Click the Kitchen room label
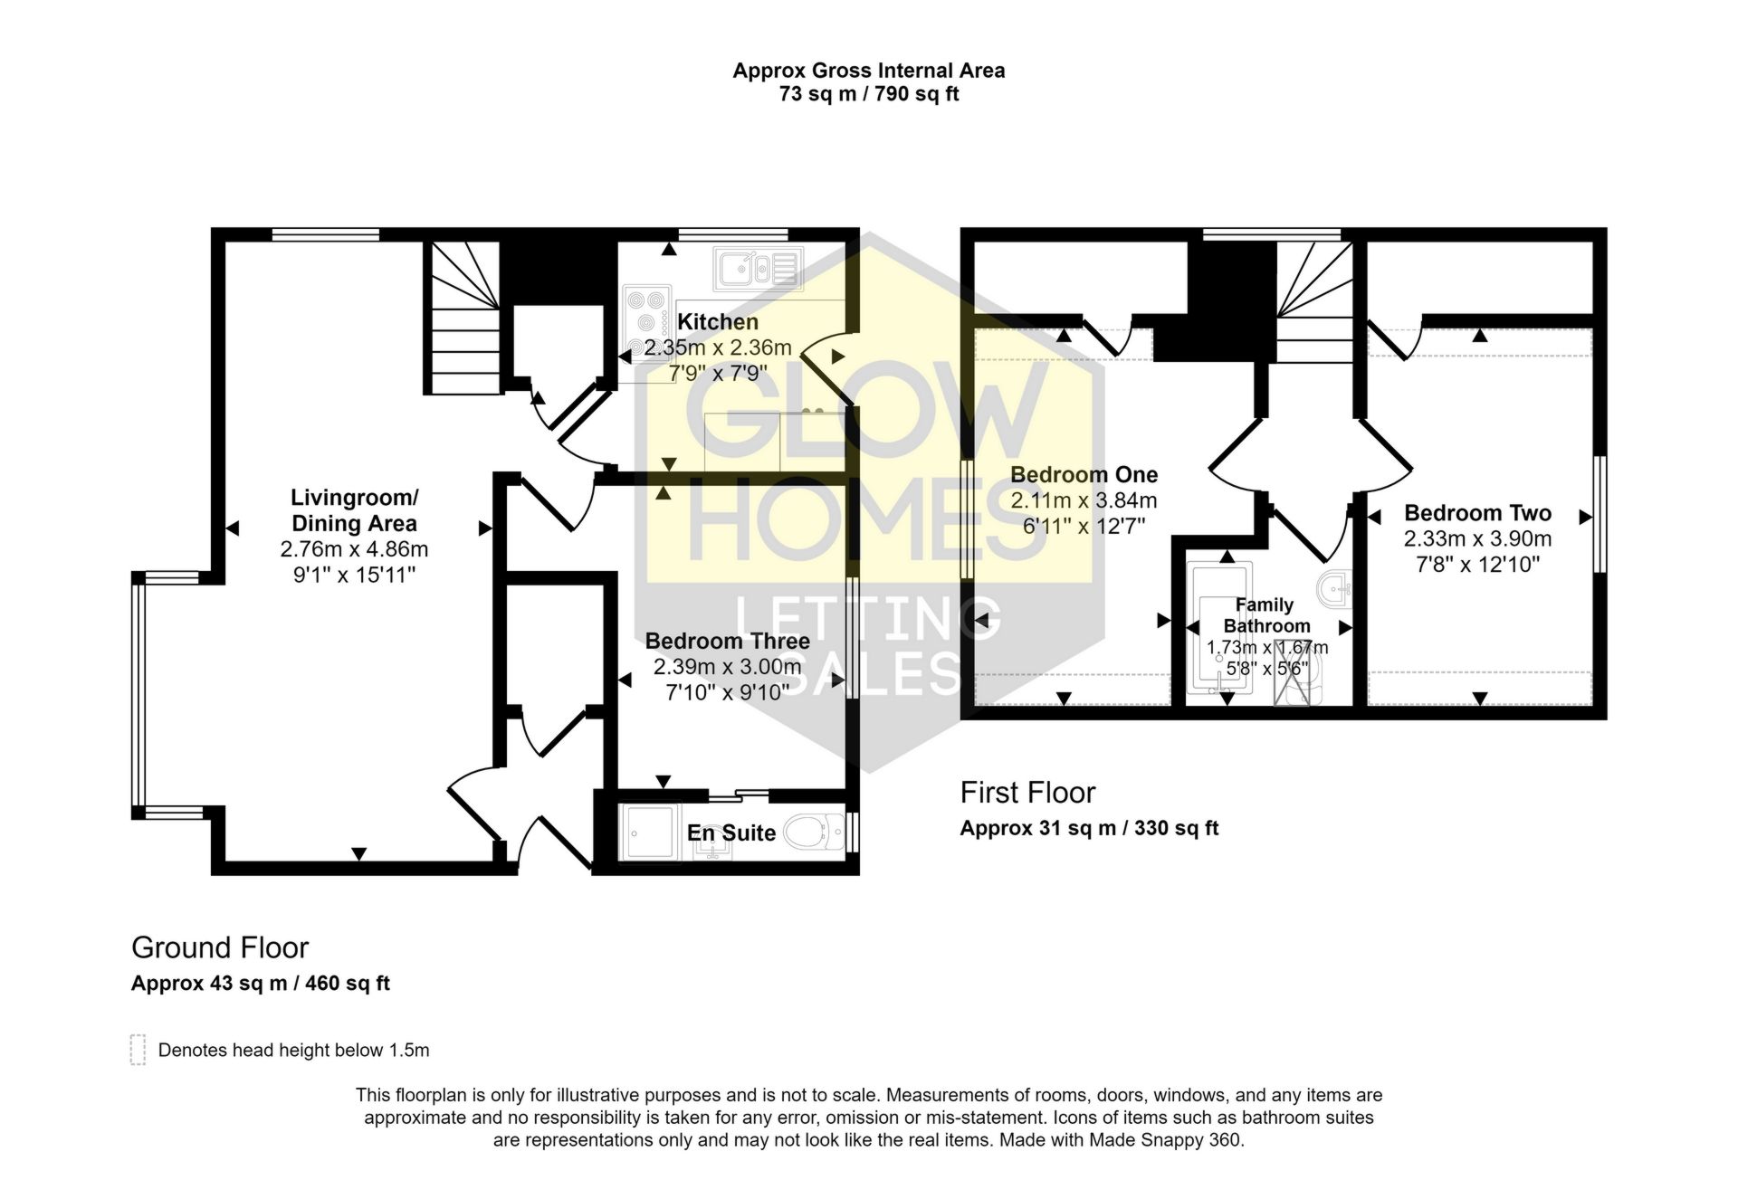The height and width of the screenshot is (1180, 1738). pos(717,322)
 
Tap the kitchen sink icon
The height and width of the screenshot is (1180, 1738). pos(757,268)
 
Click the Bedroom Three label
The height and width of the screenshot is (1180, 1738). pos(727,642)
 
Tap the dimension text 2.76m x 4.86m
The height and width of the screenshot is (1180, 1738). pos(354,549)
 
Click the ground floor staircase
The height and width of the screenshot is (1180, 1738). pos(463,319)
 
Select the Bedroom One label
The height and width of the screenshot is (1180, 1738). pos(1084,475)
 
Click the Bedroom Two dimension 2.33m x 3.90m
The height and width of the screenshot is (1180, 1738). pos(1477,539)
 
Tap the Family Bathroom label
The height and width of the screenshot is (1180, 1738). pos(1265,615)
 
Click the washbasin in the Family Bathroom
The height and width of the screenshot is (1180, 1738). pos(1334,590)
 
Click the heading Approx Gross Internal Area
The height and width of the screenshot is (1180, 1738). pos(868,71)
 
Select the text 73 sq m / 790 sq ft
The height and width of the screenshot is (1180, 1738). pos(868,94)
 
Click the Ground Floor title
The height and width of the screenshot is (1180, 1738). pos(220,947)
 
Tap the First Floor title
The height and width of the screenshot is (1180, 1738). pos(1027,793)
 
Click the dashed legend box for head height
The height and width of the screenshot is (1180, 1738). pos(138,1050)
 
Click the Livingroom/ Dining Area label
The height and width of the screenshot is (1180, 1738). pos(354,510)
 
